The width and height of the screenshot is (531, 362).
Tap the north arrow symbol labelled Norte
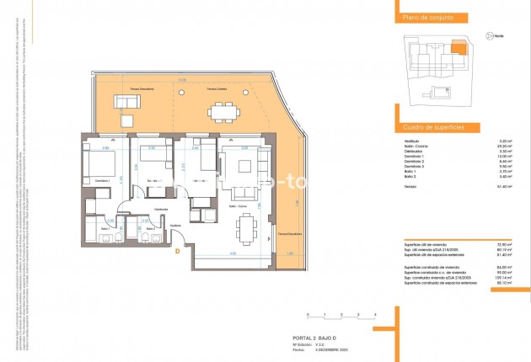pos(491,35)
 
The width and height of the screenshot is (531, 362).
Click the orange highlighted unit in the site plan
pos(459,50)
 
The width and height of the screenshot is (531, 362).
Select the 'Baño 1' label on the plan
pos(106,228)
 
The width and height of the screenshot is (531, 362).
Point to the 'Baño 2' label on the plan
pos(149,228)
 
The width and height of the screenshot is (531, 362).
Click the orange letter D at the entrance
pos(177,250)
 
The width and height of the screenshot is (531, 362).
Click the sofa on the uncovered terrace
pos(130,103)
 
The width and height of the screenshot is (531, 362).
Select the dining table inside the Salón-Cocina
pos(246,226)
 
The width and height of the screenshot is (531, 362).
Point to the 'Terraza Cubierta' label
pos(217,88)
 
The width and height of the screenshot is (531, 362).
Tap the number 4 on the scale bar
pos(373,314)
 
